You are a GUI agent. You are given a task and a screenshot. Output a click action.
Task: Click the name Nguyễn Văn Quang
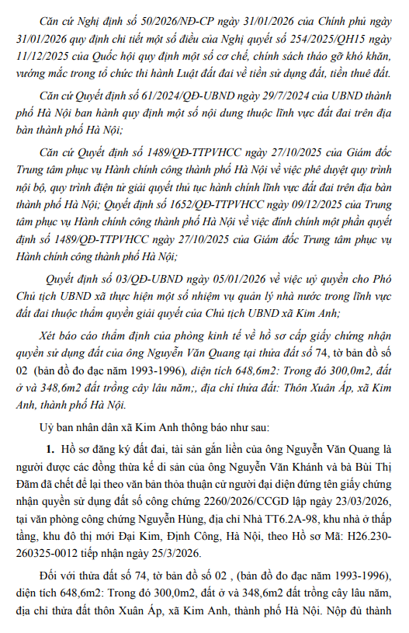319,450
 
